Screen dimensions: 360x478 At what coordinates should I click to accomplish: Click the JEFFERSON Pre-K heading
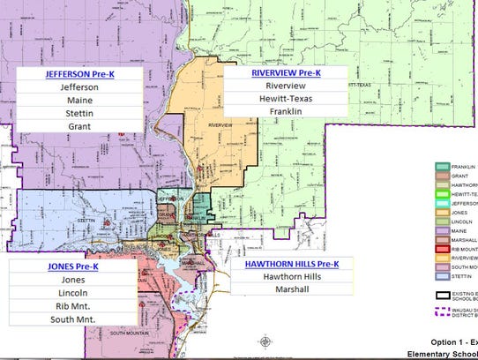[75, 74]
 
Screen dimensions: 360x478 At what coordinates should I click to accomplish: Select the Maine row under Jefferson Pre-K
[75, 105]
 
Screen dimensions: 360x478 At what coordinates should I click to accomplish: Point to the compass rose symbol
[265, 341]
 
